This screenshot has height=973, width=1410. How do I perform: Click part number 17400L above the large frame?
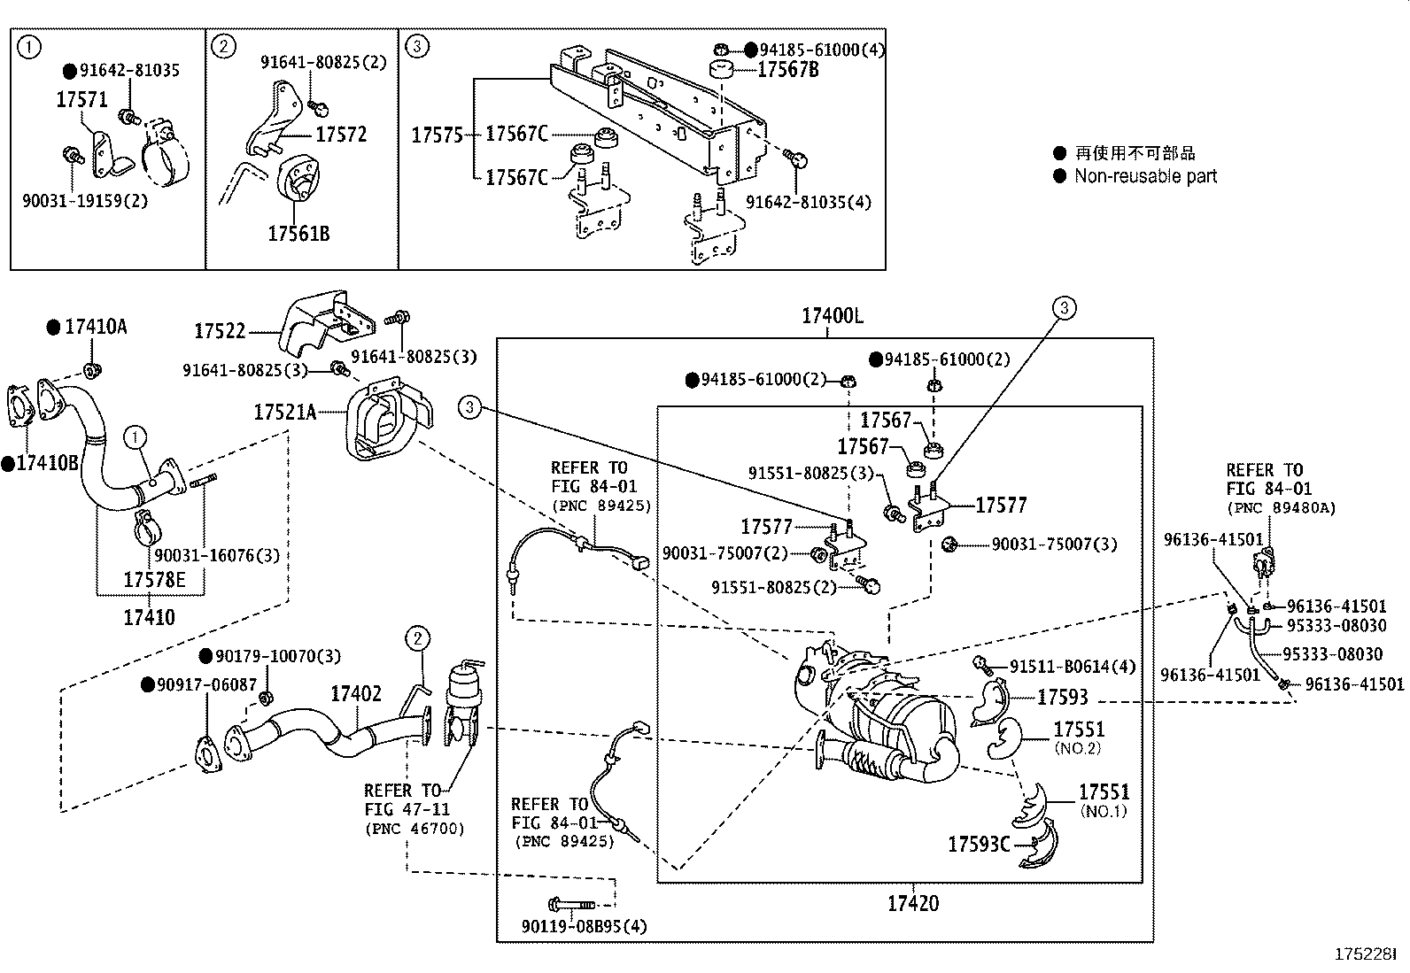[832, 316]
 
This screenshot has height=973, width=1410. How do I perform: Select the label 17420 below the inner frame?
[912, 904]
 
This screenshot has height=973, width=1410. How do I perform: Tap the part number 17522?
[220, 331]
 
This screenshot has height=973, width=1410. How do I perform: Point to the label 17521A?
[284, 412]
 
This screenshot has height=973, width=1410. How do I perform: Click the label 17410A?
[95, 328]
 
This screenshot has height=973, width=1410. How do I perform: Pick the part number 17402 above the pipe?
[356, 694]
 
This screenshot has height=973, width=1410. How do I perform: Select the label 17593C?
[979, 845]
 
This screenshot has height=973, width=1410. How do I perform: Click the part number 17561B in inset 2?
[298, 234]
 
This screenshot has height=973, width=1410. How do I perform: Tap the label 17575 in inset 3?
[437, 135]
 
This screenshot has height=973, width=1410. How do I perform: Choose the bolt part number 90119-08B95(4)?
[585, 927]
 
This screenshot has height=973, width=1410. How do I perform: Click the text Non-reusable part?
[1145, 176]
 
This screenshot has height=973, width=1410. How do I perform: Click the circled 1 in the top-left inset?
[30, 47]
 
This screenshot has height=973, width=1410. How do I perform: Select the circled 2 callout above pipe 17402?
[418, 637]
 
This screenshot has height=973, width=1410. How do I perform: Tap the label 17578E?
[154, 580]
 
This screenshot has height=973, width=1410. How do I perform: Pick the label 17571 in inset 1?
[81, 100]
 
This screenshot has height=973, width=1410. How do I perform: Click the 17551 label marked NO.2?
[1078, 730]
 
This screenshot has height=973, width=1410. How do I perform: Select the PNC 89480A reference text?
[1281, 508]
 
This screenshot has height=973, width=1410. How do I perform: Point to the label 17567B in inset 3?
[787, 70]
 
